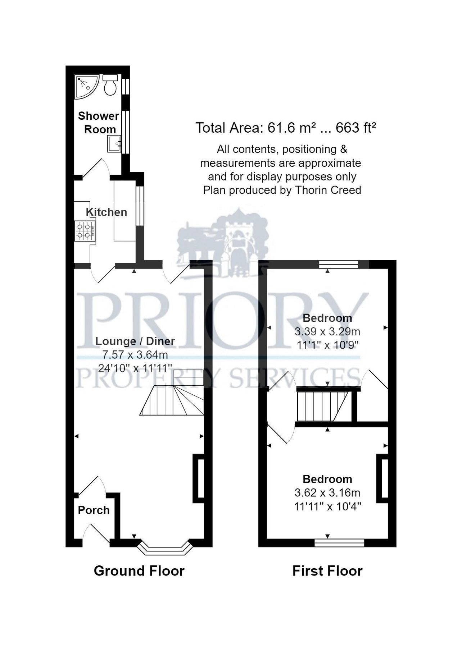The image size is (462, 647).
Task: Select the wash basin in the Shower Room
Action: tap(115, 144)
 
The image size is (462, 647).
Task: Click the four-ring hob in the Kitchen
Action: tap(85, 231)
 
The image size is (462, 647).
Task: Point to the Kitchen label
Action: tap(107, 212)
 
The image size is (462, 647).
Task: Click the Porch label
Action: tap(94, 510)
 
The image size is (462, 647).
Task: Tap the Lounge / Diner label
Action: tap(135, 341)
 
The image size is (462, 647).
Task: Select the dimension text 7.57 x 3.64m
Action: tap(135, 355)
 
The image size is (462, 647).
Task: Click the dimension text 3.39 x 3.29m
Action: tap(327, 331)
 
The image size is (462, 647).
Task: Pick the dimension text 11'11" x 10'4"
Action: tap(327, 506)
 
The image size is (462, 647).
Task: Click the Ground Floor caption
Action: tap(139, 571)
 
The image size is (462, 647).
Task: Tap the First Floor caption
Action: tap(327, 571)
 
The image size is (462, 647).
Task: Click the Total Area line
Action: tap(286, 128)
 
